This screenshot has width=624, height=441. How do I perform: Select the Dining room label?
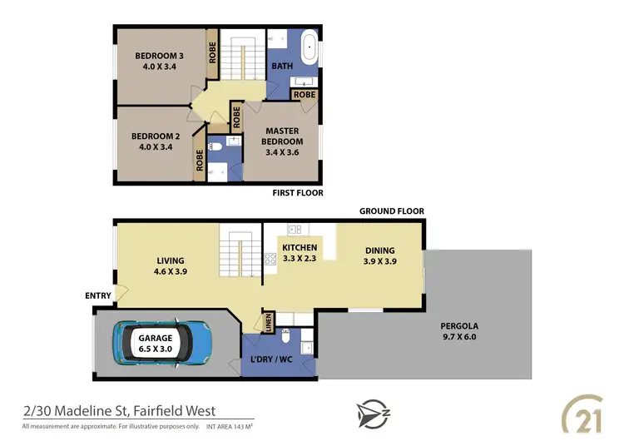tap(379, 250)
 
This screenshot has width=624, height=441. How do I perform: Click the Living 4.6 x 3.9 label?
tap(171, 260)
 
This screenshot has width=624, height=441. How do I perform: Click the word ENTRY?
tap(97, 295)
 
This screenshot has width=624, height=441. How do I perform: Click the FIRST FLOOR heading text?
tap(298, 193)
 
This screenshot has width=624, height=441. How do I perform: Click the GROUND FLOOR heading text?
tap(391, 211)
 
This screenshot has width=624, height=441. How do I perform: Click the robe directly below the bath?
tap(305, 96)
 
